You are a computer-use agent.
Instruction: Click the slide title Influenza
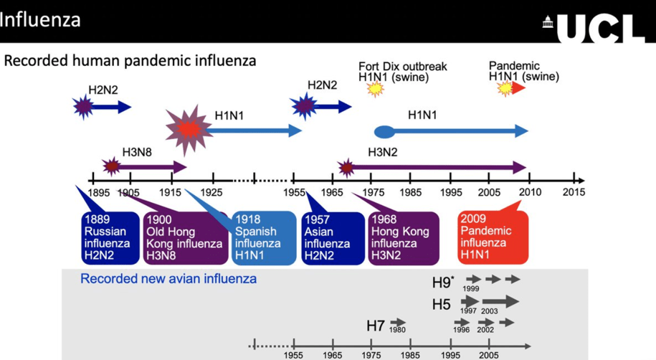click(x=40, y=19)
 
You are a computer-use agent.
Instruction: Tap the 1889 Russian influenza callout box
click(x=108, y=237)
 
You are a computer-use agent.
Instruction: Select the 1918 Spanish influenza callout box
click(x=262, y=237)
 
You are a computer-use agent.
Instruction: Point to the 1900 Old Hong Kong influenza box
click(x=184, y=237)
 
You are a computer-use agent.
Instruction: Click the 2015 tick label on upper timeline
click(x=574, y=192)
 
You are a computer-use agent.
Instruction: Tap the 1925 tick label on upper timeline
click(x=211, y=192)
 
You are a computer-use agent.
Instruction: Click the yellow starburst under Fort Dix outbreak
click(x=375, y=89)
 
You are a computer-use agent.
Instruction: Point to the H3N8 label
click(x=136, y=152)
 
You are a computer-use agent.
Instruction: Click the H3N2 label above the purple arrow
click(x=383, y=152)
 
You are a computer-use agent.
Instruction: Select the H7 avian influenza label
click(x=376, y=326)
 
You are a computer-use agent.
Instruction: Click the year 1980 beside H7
click(x=397, y=331)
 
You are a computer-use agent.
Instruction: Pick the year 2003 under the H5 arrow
click(x=490, y=311)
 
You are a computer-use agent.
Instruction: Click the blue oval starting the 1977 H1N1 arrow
click(x=384, y=131)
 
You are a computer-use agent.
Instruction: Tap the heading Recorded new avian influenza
click(x=168, y=279)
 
